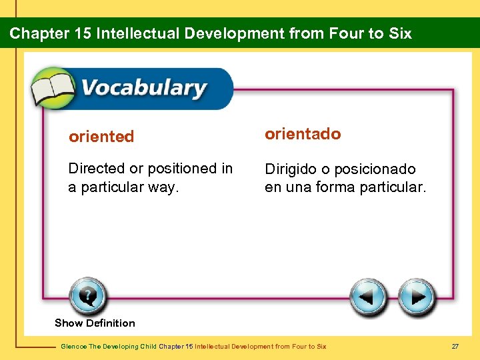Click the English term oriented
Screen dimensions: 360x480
101,137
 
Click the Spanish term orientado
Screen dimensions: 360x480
303,134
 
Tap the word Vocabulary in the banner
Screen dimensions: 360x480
143,88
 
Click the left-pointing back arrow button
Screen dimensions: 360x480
369,297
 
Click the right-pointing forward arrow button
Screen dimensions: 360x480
417,297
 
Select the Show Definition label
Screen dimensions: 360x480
95,323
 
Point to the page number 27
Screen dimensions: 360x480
455,346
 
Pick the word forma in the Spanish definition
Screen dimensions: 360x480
335,187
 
